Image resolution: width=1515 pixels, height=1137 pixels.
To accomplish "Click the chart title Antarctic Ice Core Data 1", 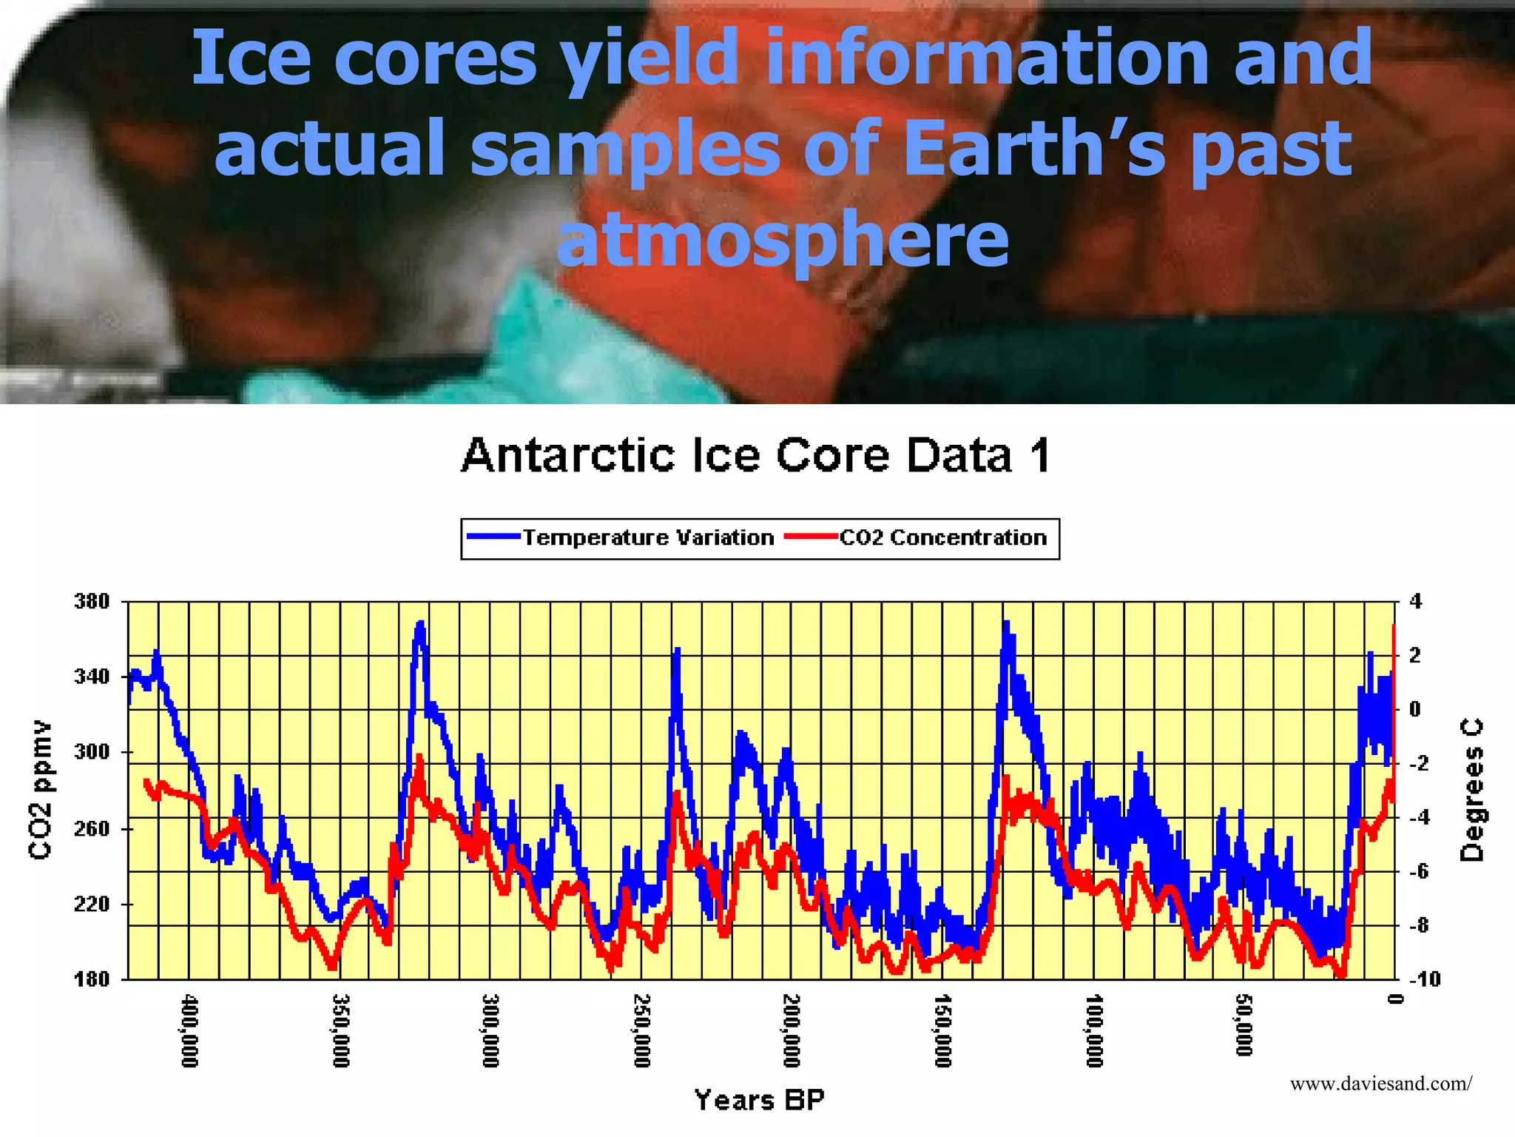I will pos(756,455).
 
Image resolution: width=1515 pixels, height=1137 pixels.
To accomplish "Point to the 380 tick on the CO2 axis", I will pos(92,601).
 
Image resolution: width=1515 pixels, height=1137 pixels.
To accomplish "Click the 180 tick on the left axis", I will pos(92,979).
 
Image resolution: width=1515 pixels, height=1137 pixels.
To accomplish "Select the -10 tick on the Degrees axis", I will pos(1425,979).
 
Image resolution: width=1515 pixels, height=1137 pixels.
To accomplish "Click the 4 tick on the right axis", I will pos(1415,601).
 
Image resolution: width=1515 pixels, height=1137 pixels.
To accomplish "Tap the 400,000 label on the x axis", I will pos(190,1031).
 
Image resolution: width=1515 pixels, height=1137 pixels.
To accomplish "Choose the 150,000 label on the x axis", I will pos(942,1031).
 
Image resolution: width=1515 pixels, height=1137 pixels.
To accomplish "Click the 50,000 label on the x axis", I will pos(1244,1026).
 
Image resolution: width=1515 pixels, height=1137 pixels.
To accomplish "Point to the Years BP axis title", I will pos(759,1100).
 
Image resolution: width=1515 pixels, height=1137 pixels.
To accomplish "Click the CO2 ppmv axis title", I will pos(41,790).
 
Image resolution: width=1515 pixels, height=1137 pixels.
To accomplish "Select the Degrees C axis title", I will pos(1471,790).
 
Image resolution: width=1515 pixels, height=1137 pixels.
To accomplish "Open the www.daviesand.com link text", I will pos(1380,1084).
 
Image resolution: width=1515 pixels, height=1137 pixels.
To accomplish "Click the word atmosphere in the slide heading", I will pos(783,238).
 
